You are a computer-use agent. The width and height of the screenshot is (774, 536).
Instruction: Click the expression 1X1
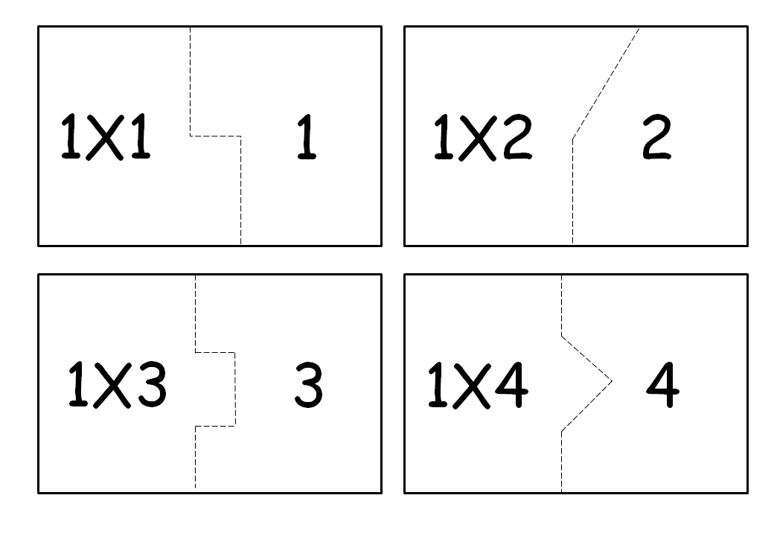click(105, 136)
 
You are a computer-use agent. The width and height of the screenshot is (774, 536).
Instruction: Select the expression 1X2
click(482, 139)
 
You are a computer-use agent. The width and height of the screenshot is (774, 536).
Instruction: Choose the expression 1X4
click(477, 386)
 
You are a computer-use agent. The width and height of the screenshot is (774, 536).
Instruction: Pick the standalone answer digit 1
click(306, 136)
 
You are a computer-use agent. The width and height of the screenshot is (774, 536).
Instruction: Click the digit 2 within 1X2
click(516, 139)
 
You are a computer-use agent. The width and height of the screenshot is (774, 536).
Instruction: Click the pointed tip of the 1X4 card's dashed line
click(611, 382)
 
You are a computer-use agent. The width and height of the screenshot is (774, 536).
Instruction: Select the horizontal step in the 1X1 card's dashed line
click(216, 136)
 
